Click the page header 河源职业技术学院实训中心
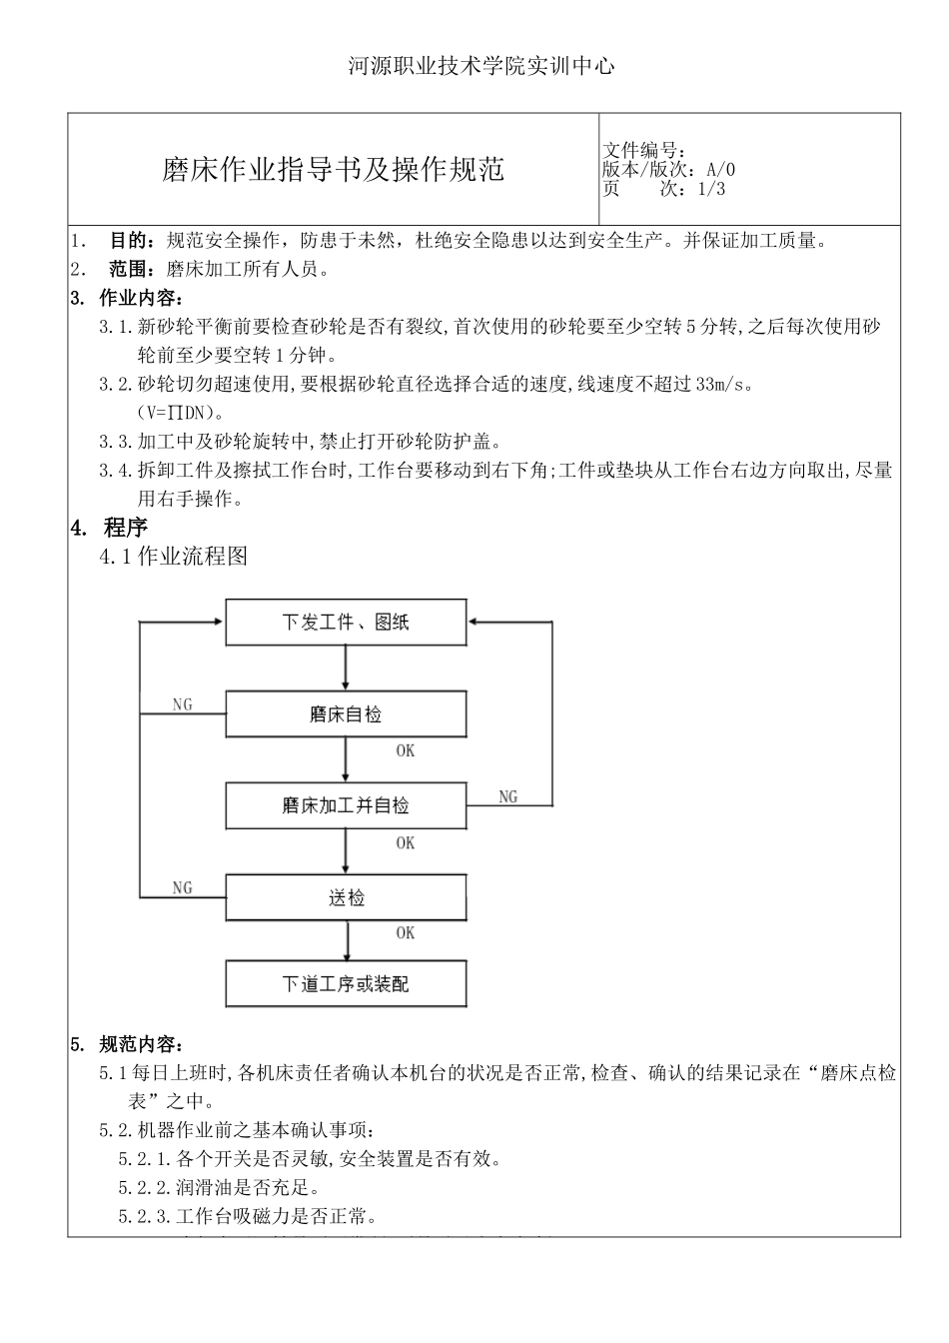[480, 67]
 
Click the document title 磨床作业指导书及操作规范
[333, 169]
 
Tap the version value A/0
[720, 170]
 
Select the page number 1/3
[710, 189]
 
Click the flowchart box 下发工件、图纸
[346, 623]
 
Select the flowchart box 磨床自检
[346, 714]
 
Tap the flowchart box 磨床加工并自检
[346, 805]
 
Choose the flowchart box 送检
[346, 897]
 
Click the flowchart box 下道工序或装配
[346, 984]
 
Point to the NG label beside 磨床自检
[182, 704]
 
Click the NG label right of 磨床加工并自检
[507, 796]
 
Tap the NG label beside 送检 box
[182, 887]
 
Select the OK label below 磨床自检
[405, 751]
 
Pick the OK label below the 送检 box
[405, 933]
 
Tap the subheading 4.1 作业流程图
[174, 557]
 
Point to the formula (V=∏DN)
[181, 413]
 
